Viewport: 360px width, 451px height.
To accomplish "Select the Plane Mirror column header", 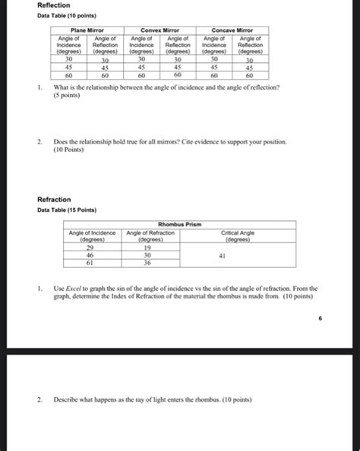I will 88,30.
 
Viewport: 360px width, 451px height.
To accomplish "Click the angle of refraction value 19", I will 147,248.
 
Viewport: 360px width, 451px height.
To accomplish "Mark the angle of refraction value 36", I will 147,263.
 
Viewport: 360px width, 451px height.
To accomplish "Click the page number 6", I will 321,320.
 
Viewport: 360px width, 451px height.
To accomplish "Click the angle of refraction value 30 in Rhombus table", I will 147,256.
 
